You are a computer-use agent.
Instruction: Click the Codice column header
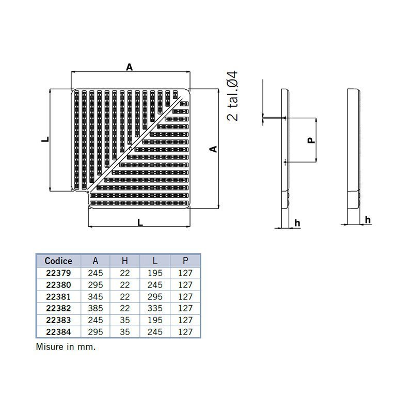point(58,261)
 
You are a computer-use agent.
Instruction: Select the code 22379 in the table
point(58,273)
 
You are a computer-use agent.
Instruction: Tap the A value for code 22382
point(96,308)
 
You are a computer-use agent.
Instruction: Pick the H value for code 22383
point(125,320)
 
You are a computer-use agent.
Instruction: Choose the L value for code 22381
point(155,296)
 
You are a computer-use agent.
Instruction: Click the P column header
point(185,261)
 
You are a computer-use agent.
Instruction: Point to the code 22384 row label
point(58,332)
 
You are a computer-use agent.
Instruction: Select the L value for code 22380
point(155,285)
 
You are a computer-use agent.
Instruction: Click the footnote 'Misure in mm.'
point(66,346)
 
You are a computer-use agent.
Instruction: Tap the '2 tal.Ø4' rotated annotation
point(233,96)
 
